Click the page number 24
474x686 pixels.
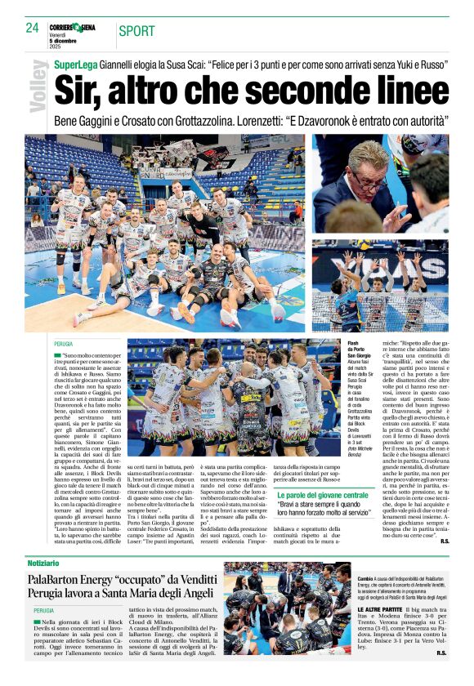tap(33, 29)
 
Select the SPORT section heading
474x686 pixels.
tap(136, 32)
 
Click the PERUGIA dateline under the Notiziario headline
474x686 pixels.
tap(44, 611)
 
